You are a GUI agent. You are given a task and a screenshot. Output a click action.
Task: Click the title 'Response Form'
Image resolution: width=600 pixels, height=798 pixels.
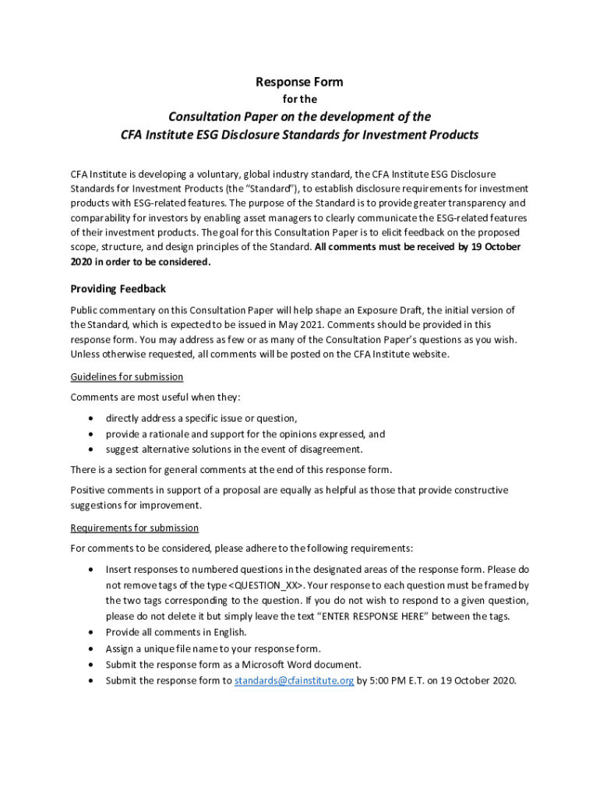(299, 82)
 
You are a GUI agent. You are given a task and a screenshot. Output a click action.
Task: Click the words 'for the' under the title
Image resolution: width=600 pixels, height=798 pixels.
(299, 100)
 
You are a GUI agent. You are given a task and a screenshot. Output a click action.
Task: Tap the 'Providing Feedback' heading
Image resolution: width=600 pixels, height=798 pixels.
(118, 289)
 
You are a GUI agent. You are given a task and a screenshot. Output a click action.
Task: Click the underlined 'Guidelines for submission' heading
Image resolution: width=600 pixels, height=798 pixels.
(126, 377)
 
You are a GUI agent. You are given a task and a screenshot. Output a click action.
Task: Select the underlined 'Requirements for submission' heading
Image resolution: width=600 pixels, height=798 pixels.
(134, 528)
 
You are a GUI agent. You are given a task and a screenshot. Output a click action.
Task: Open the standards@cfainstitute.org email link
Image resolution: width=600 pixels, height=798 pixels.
(294, 680)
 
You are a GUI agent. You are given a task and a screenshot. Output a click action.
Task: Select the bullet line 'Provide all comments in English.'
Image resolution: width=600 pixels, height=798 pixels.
(176, 632)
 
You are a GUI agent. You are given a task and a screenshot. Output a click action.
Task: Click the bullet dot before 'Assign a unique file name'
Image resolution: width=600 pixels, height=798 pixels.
(93, 648)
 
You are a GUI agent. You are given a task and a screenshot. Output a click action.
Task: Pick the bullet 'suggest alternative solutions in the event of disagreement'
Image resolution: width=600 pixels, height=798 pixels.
(234, 450)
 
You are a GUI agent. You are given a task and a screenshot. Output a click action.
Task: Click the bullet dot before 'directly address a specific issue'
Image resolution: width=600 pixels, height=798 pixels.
(93, 418)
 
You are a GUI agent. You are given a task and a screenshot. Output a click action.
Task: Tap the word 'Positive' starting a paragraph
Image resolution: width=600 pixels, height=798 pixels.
(89, 490)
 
